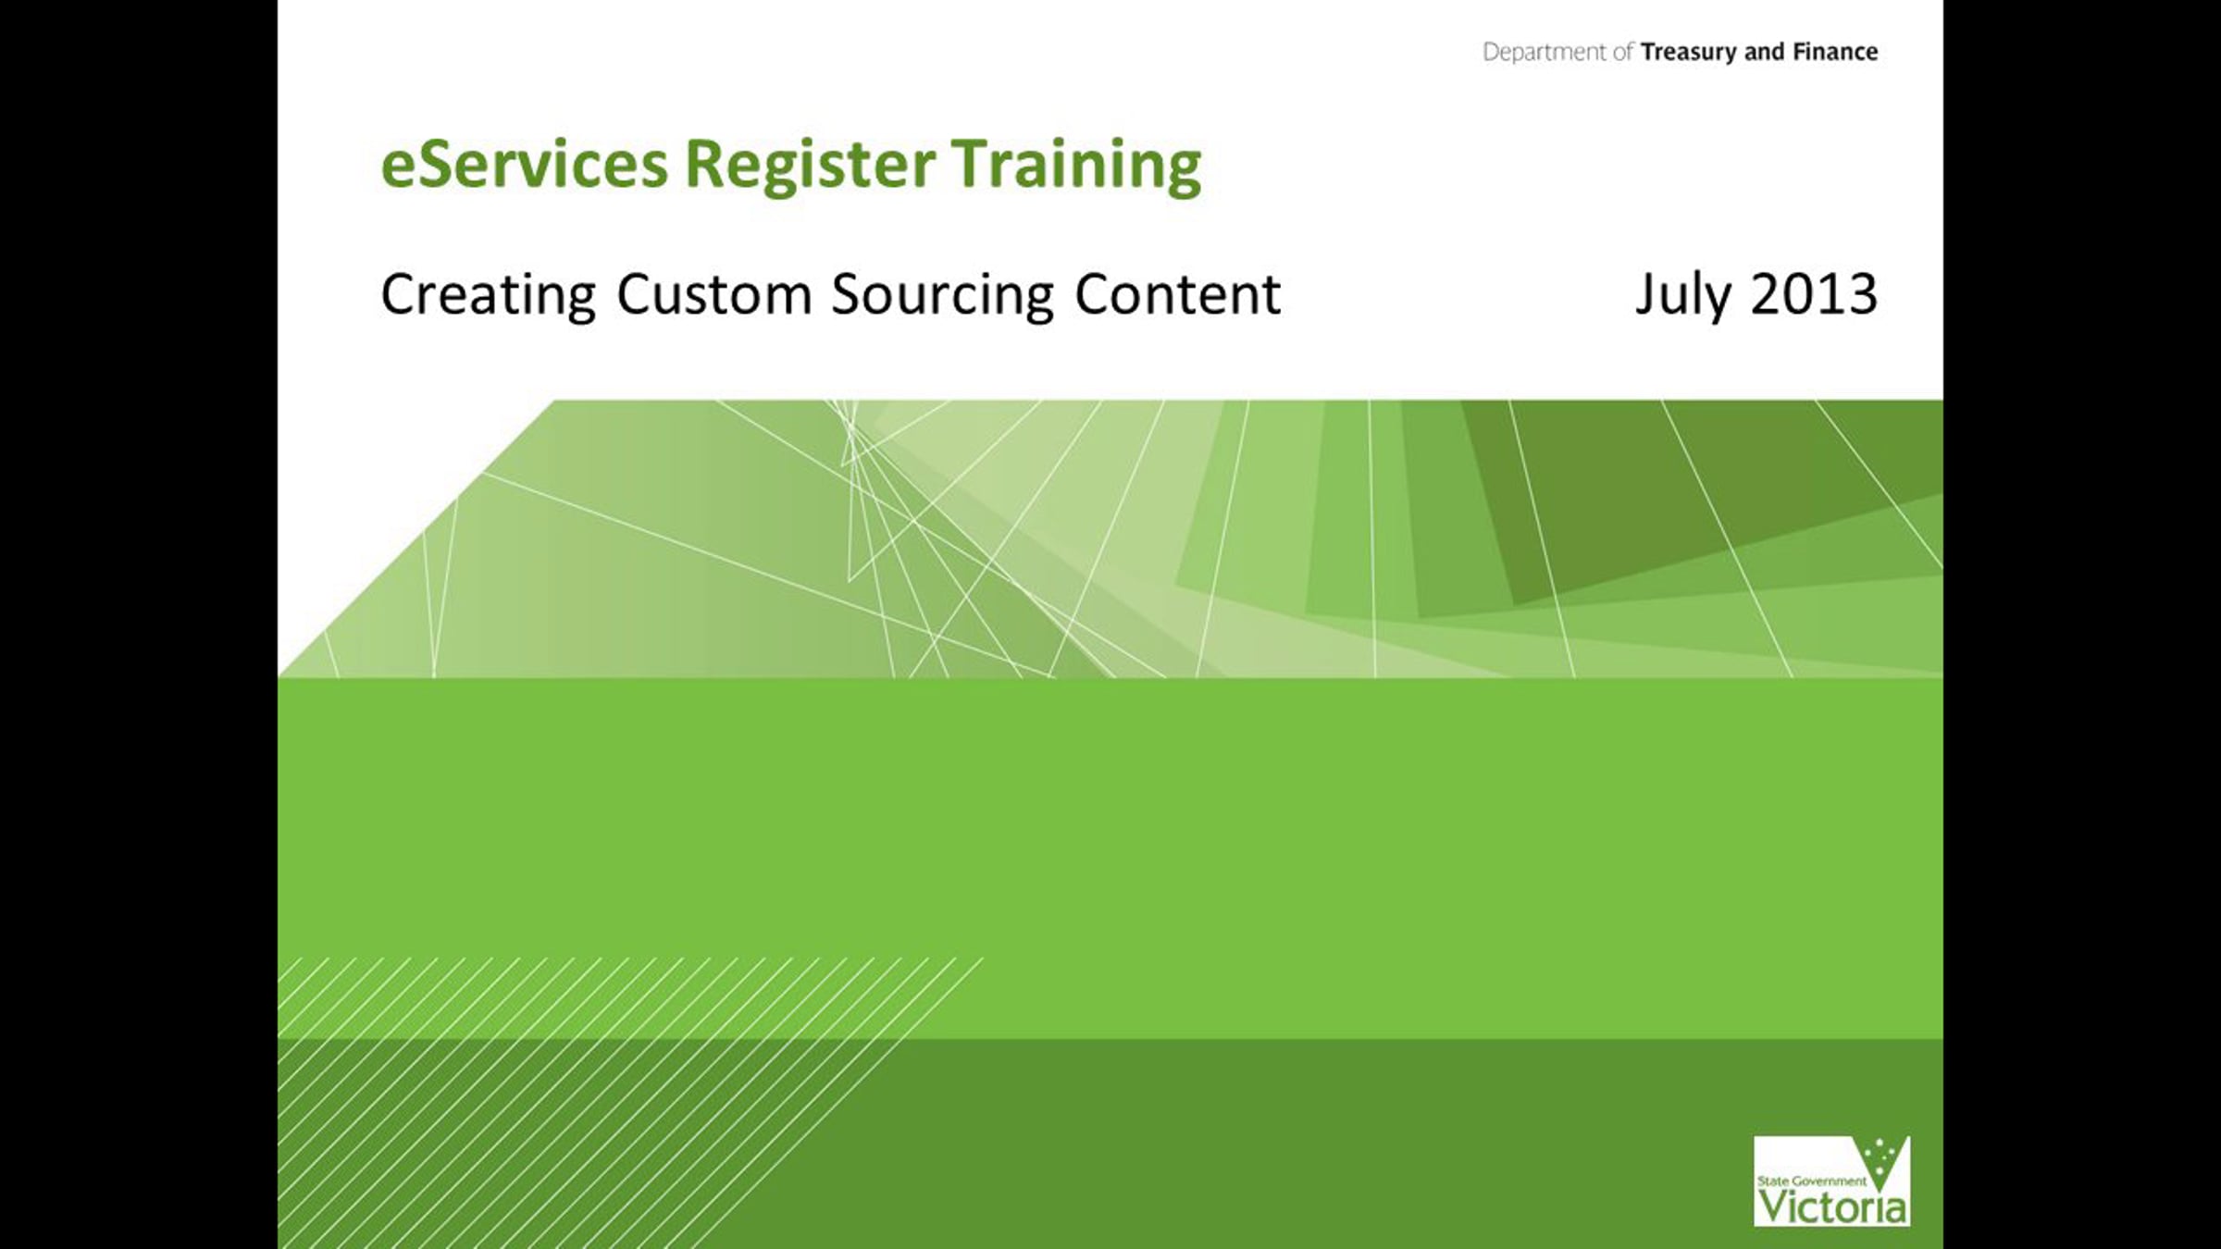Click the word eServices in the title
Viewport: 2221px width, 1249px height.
524,164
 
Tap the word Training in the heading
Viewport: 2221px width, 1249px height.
1077,166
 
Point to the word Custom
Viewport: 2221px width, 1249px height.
714,295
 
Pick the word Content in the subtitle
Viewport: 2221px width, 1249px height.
1178,295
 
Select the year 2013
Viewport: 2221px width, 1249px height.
1814,295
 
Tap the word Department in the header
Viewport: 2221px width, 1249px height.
1545,53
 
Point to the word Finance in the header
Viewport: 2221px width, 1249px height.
1836,52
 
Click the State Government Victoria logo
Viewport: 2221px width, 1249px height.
1831,1181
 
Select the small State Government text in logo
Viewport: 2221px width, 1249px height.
1811,1181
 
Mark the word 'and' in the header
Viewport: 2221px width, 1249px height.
1765,52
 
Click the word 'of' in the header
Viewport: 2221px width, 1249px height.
1623,52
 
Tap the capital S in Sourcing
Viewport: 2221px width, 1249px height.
848,295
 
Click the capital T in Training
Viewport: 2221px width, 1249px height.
971,165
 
